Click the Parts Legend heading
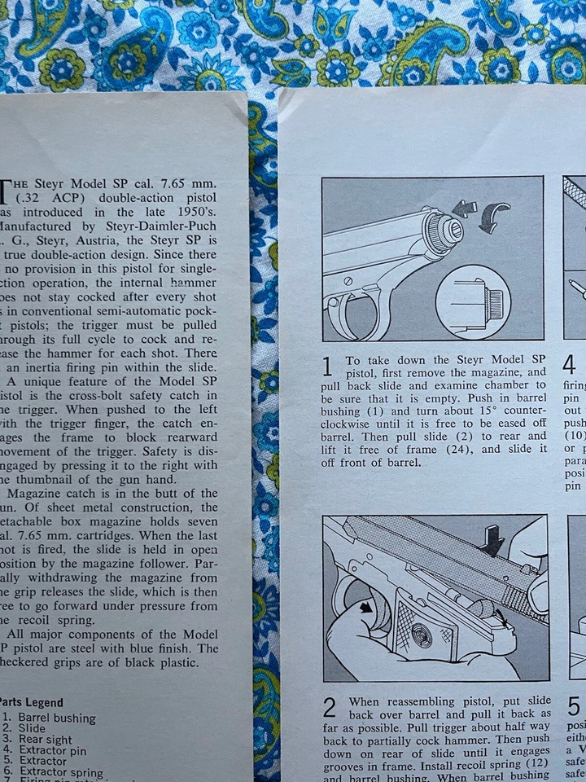[31, 702]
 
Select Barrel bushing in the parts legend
[57, 718]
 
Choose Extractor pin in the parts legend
[58, 750]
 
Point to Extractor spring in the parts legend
[63, 772]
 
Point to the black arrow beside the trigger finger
[367, 607]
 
